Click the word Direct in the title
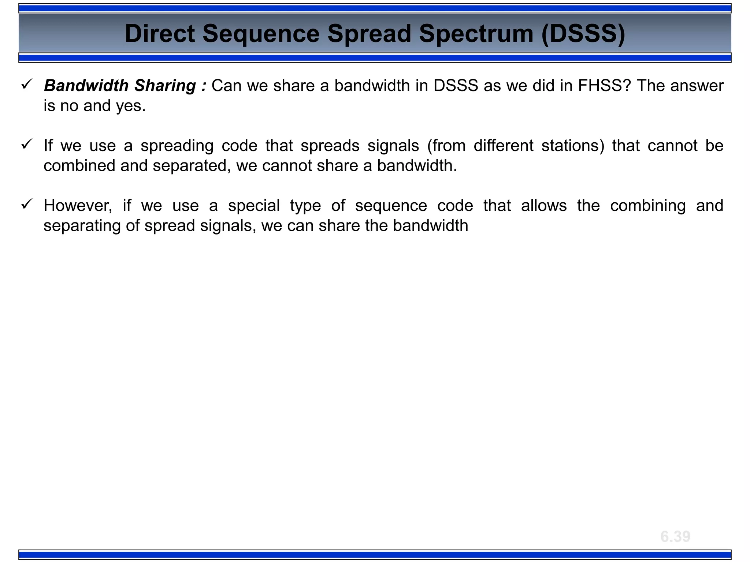[x=160, y=34]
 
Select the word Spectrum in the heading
[x=476, y=34]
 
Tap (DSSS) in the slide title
[x=583, y=34]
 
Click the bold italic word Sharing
[x=165, y=86]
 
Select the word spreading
[x=177, y=146]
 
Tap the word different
[x=503, y=146]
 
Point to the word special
[x=254, y=206]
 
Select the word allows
[x=544, y=206]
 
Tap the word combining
[x=648, y=206]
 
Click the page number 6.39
[x=675, y=537]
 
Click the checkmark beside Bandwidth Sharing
[x=27, y=85]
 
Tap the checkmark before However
[x=27, y=204]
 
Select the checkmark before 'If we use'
[x=27, y=144]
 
